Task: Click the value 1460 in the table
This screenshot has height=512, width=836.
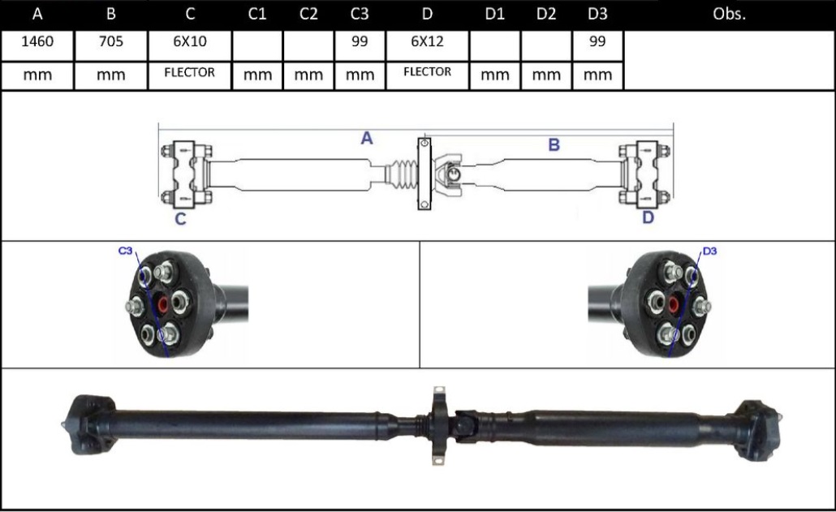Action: (37, 43)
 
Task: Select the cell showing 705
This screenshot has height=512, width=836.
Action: (110, 43)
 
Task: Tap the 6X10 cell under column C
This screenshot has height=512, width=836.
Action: (190, 43)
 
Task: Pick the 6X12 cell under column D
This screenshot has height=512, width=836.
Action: (427, 43)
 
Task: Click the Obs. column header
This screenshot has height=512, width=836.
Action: (728, 15)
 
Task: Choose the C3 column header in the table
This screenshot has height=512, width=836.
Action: (360, 15)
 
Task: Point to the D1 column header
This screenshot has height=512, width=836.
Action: (494, 15)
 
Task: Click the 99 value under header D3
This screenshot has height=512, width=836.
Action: (597, 43)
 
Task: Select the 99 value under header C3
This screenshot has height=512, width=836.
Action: (360, 43)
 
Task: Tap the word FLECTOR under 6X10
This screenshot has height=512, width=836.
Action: (190, 72)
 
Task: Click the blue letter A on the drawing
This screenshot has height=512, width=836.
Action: (367, 139)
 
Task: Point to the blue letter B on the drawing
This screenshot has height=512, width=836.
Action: (554, 145)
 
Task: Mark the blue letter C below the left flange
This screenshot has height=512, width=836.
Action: (180, 219)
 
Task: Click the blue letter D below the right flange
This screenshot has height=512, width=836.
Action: (648, 217)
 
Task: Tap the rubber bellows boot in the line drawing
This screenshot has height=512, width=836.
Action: (403, 175)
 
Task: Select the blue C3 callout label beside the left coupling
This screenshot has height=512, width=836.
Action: (125, 252)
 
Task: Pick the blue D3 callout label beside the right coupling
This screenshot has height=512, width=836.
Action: (709, 252)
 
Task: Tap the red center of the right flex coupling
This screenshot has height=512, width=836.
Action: (672, 306)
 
